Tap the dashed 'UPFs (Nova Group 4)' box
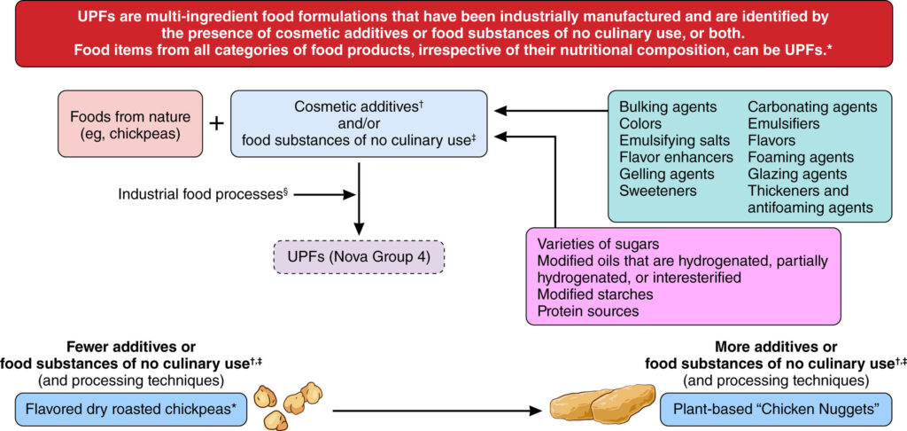[x=358, y=256]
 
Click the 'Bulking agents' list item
[x=668, y=107]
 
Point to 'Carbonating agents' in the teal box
[x=812, y=107]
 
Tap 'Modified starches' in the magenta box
[x=596, y=294]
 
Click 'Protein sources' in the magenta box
[x=587, y=311]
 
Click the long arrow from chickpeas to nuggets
[x=434, y=411]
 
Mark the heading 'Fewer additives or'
[x=130, y=346]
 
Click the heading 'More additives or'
[x=776, y=346]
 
